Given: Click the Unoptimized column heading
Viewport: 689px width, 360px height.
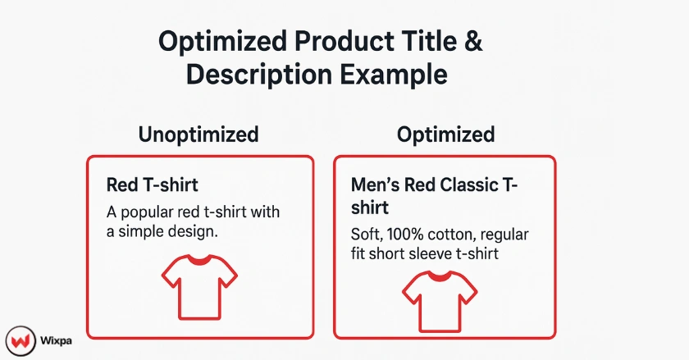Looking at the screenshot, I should coord(198,134).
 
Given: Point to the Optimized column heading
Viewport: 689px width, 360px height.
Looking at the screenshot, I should coord(445,134).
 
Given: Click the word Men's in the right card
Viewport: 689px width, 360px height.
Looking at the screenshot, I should coord(374,185).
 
